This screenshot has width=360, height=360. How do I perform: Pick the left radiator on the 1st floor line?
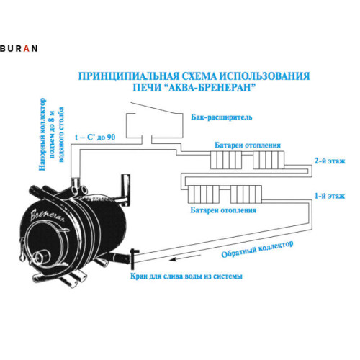(205, 193)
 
